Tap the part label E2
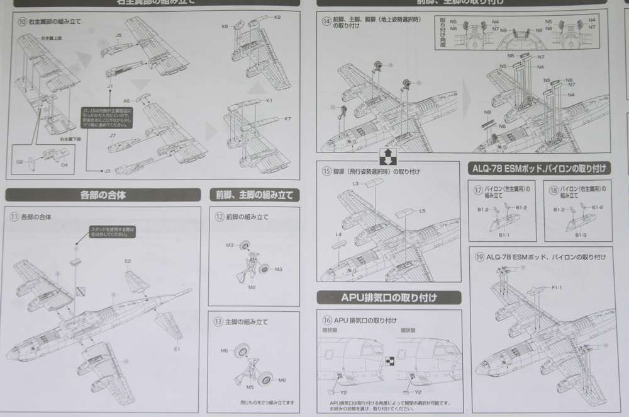(128, 260)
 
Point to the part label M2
(251, 287)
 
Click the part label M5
(250, 386)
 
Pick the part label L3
(355, 183)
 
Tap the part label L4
(338, 234)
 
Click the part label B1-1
(504, 234)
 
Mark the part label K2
(277, 16)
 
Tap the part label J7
(113, 135)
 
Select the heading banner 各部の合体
(103, 195)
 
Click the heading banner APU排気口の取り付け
(389, 297)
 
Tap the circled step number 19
(479, 257)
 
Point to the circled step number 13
(218, 321)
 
